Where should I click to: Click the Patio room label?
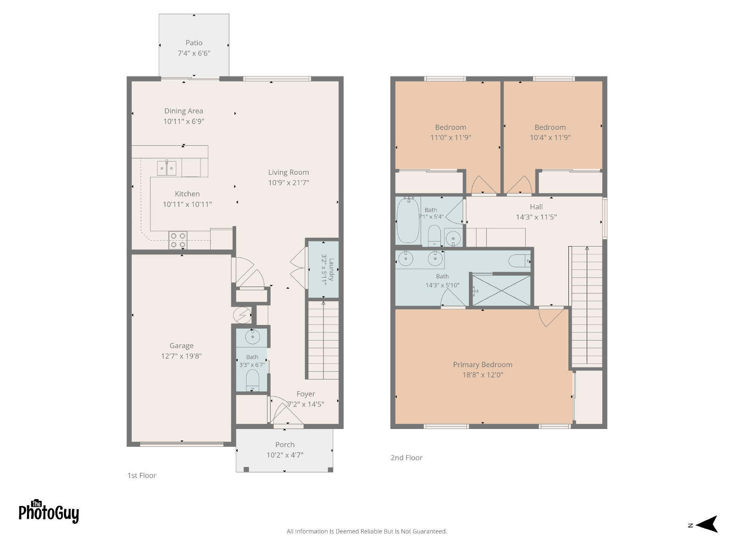[x=194, y=43]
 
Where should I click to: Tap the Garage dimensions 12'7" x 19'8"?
[x=181, y=356]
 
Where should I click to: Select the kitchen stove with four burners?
[x=178, y=240]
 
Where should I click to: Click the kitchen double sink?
[x=167, y=168]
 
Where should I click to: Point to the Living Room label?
[x=289, y=172]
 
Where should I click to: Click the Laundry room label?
[x=331, y=269]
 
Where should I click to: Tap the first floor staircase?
[x=323, y=340]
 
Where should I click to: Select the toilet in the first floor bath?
[x=252, y=381]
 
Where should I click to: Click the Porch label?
[x=285, y=445]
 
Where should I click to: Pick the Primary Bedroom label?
[x=483, y=365]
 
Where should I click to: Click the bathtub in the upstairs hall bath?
[x=408, y=220]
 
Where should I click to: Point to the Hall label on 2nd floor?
[x=536, y=207]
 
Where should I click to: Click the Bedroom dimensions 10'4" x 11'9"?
[x=550, y=137]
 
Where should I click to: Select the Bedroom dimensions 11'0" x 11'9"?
[x=450, y=137]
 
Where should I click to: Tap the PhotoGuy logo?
[x=49, y=511]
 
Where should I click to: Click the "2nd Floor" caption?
[x=406, y=458]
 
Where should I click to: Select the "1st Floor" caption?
[x=142, y=476]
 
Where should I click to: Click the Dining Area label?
[x=183, y=111]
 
